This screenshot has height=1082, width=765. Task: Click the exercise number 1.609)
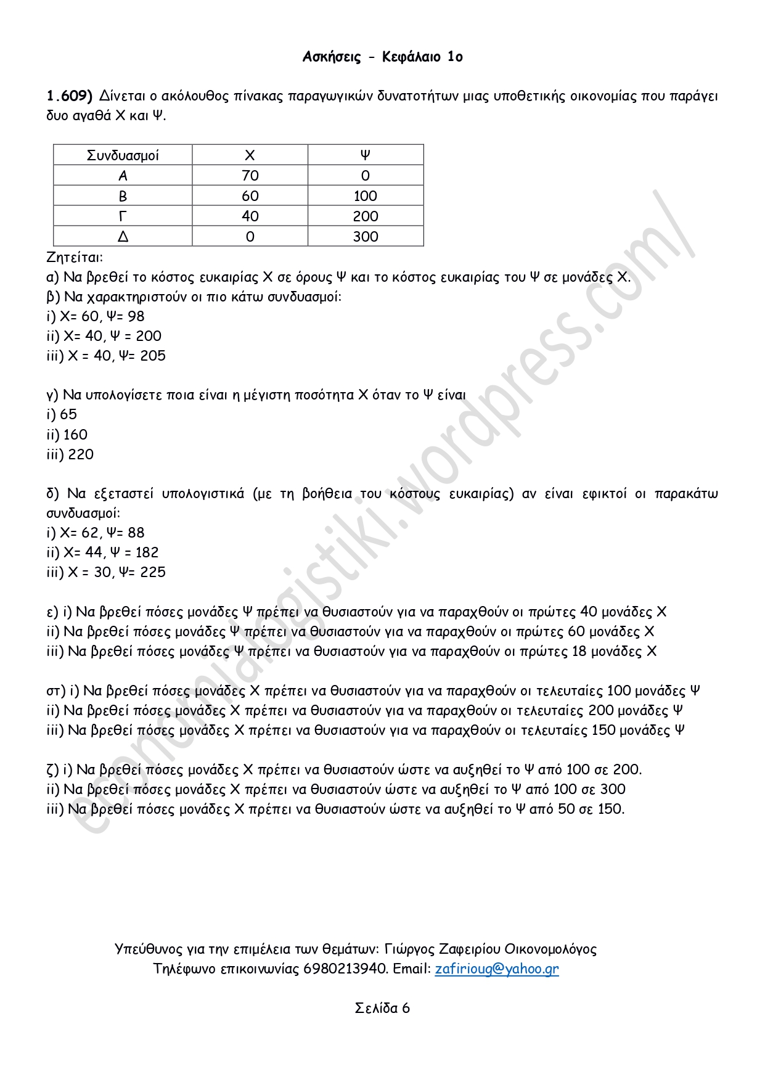coord(69,96)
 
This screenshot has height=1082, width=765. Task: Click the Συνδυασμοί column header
coord(123,155)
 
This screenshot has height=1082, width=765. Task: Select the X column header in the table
coord(250,155)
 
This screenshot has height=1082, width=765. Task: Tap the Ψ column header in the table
coord(366,155)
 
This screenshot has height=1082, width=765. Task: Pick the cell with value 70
coord(250,176)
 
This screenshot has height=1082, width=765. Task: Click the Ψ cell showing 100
coord(366,196)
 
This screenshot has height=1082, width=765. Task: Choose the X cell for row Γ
coord(250,216)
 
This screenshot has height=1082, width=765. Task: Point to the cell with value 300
coord(366,237)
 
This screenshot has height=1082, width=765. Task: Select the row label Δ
coord(123,237)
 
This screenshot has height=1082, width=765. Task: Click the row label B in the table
coord(123,196)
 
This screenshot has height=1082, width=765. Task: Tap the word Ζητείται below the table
coord(75,257)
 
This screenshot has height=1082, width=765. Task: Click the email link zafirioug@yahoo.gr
coord(497,969)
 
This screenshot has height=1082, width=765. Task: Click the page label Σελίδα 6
coord(382,1008)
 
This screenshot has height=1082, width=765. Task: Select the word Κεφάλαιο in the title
coord(411,57)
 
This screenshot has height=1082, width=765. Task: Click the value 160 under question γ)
coord(75,435)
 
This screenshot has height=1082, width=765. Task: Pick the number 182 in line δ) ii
coord(146,552)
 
